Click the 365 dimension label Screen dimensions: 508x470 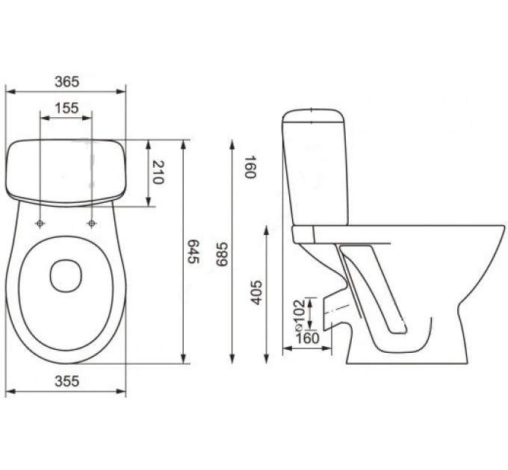67,81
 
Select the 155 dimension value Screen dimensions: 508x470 66,108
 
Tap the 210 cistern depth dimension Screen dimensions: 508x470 158,172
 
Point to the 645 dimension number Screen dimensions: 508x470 193,251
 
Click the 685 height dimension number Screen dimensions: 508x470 223,254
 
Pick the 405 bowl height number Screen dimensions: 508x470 256,292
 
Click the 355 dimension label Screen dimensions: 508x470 67,381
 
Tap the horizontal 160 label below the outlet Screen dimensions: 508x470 308,339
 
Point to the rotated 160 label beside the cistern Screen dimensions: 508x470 250,167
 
